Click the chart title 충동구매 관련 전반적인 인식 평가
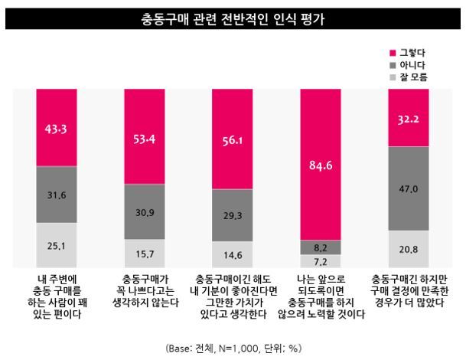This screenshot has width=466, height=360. point(233,19)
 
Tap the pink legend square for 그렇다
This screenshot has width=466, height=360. point(393,53)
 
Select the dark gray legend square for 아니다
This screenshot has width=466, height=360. point(393,65)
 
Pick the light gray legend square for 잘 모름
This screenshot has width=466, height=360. point(393,77)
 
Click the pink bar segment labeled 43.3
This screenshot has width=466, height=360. point(57,127)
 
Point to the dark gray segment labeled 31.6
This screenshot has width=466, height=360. point(57,195)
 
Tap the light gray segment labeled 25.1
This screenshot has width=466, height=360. point(57,245)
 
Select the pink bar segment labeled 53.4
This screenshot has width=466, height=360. point(145,136)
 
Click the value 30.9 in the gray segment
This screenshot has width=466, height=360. point(145,212)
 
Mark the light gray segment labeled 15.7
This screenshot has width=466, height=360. point(145,254)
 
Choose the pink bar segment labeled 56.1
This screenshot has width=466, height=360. point(233,139)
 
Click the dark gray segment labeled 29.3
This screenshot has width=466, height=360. point(233,215)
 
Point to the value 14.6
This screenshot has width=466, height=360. point(233,255)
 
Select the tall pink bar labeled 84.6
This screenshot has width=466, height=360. point(321,164)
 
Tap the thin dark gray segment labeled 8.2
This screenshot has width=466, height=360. point(321,247)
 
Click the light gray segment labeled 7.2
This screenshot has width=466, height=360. point(321,261)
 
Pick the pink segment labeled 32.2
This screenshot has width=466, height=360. point(409,117)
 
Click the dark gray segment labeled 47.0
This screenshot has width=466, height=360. point(409,188)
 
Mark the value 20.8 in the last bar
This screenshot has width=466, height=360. point(409,250)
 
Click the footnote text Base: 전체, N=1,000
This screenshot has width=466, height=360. point(213,348)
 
